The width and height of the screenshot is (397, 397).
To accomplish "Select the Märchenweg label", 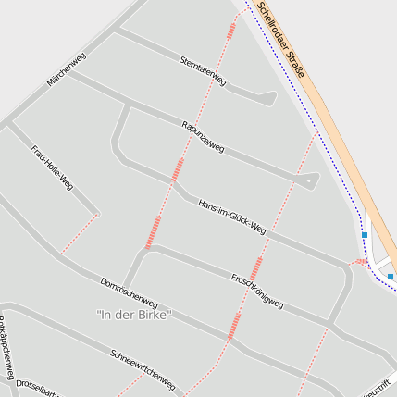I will click(x=66, y=69).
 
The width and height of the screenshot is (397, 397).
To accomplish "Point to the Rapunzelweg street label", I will click(x=203, y=136).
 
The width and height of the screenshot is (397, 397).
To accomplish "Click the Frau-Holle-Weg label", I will click(x=52, y=167).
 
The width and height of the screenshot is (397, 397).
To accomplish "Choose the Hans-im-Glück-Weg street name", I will click(x=231, y=217).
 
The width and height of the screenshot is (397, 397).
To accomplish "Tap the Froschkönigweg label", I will click(x=256, y=291).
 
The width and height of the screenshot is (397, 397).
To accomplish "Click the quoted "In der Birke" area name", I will click(x=134, y=316).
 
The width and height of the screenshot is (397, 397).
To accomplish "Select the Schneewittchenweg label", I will click(x=143, y=369).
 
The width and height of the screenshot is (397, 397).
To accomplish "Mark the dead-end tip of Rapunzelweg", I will click(x=316, y=177).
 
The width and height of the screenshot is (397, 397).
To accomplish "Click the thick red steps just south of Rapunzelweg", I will click(x=177, y=168).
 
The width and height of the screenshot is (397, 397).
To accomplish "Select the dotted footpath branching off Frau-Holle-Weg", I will click(x=80, y=232).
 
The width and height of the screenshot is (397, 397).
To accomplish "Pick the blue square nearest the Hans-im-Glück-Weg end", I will click(x=365, y=235).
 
